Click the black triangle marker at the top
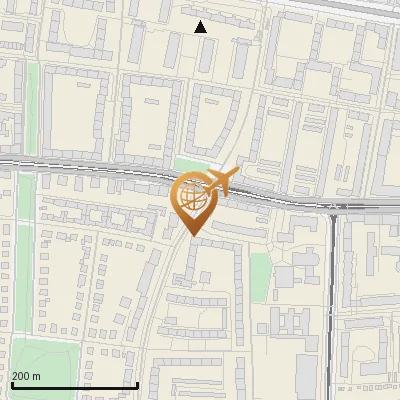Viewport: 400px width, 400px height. [201, 27]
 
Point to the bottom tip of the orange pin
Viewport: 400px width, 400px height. [193, 235]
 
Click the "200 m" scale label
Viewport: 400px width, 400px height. [26, 376]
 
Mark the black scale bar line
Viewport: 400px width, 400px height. [74, 385]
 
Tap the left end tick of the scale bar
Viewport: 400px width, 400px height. [12, 384]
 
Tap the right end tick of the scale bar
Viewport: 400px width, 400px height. [137, 384]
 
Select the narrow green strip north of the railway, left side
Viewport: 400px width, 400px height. [32, 100]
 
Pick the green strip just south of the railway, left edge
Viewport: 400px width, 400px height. [25, 200]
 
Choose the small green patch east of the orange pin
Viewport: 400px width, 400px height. [260, 268]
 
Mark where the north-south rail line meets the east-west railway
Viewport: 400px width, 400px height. [333, 208]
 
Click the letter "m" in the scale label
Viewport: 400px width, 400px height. [37, 376]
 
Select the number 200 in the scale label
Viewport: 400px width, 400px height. [21, 376]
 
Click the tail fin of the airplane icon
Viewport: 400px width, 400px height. [236, 175]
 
